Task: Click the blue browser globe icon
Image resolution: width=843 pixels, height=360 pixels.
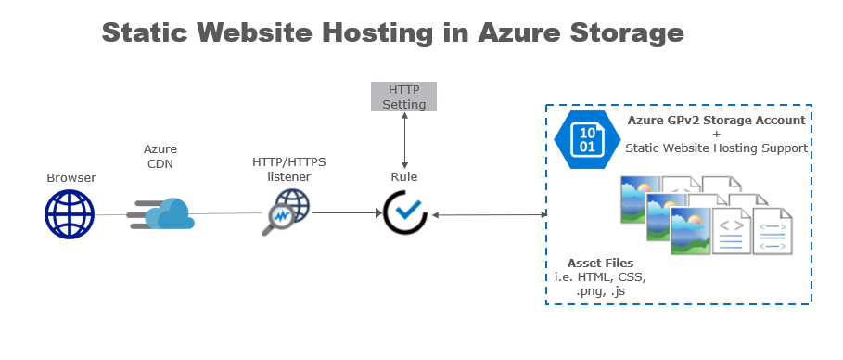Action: [70, 214]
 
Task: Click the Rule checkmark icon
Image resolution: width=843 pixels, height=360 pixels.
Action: [405, 212]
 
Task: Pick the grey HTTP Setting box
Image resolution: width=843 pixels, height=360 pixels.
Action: [403, 96]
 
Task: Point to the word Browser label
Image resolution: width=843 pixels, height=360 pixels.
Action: [71, 177]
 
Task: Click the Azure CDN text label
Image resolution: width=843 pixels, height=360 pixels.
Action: [160, 156]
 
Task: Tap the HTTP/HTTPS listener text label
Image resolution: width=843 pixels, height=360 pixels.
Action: [288, 169]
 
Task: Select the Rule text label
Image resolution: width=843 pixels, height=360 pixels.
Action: [403, 177]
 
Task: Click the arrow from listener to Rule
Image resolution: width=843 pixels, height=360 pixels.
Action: [346, 212]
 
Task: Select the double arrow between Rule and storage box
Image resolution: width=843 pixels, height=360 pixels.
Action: [488, 214]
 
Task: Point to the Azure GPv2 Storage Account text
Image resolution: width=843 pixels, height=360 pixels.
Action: [716, 120]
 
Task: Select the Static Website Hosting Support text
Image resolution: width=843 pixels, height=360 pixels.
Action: [716, 148]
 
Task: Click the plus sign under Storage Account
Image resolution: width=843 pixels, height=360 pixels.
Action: [716, 134]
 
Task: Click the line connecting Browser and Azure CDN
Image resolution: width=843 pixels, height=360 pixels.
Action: [111, 214]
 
